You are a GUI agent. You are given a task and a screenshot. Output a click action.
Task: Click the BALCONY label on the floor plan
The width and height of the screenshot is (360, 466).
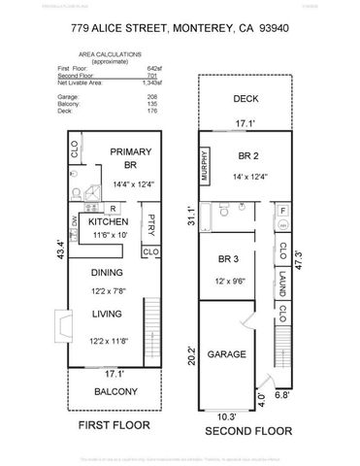coord(115,393)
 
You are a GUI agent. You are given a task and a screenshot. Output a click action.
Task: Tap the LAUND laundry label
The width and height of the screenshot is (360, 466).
coord(281,284)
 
